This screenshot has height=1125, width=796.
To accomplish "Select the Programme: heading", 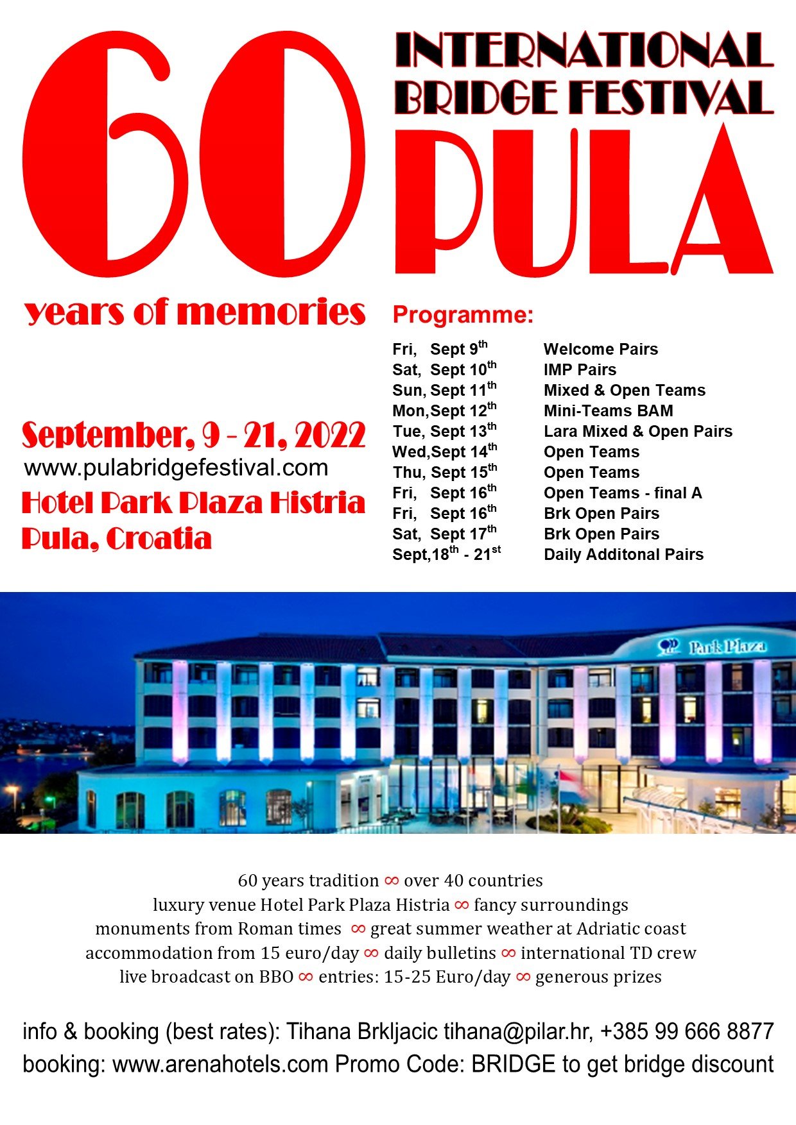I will (x=463, y=315).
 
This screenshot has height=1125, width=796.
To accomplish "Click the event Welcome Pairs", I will (x=600, y=350).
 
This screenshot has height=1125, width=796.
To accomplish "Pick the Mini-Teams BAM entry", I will (x=608, y=411).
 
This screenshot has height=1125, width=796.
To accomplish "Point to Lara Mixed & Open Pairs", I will (x=637, y=432).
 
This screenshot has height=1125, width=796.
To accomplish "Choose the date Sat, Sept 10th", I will (x=444, y=370).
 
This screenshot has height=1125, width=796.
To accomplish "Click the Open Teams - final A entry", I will (x=622, y=493).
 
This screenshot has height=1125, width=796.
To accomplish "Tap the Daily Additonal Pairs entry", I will (x=623, y=555).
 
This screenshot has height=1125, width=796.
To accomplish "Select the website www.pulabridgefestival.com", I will (x=176, y=468).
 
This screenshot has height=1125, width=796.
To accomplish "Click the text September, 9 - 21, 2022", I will (x=193, y=436).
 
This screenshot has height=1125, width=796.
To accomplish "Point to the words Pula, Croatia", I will (x=116, y=539).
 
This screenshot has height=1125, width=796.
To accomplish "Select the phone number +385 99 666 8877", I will (x=686, y=1032).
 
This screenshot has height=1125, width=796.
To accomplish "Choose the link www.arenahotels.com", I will (x=220, y=1065).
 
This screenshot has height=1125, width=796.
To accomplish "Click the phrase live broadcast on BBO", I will (x=207, y=977).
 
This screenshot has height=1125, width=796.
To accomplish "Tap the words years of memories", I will (x=195, y=312).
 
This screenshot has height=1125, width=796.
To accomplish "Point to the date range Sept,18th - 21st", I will (x=446, y=555).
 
